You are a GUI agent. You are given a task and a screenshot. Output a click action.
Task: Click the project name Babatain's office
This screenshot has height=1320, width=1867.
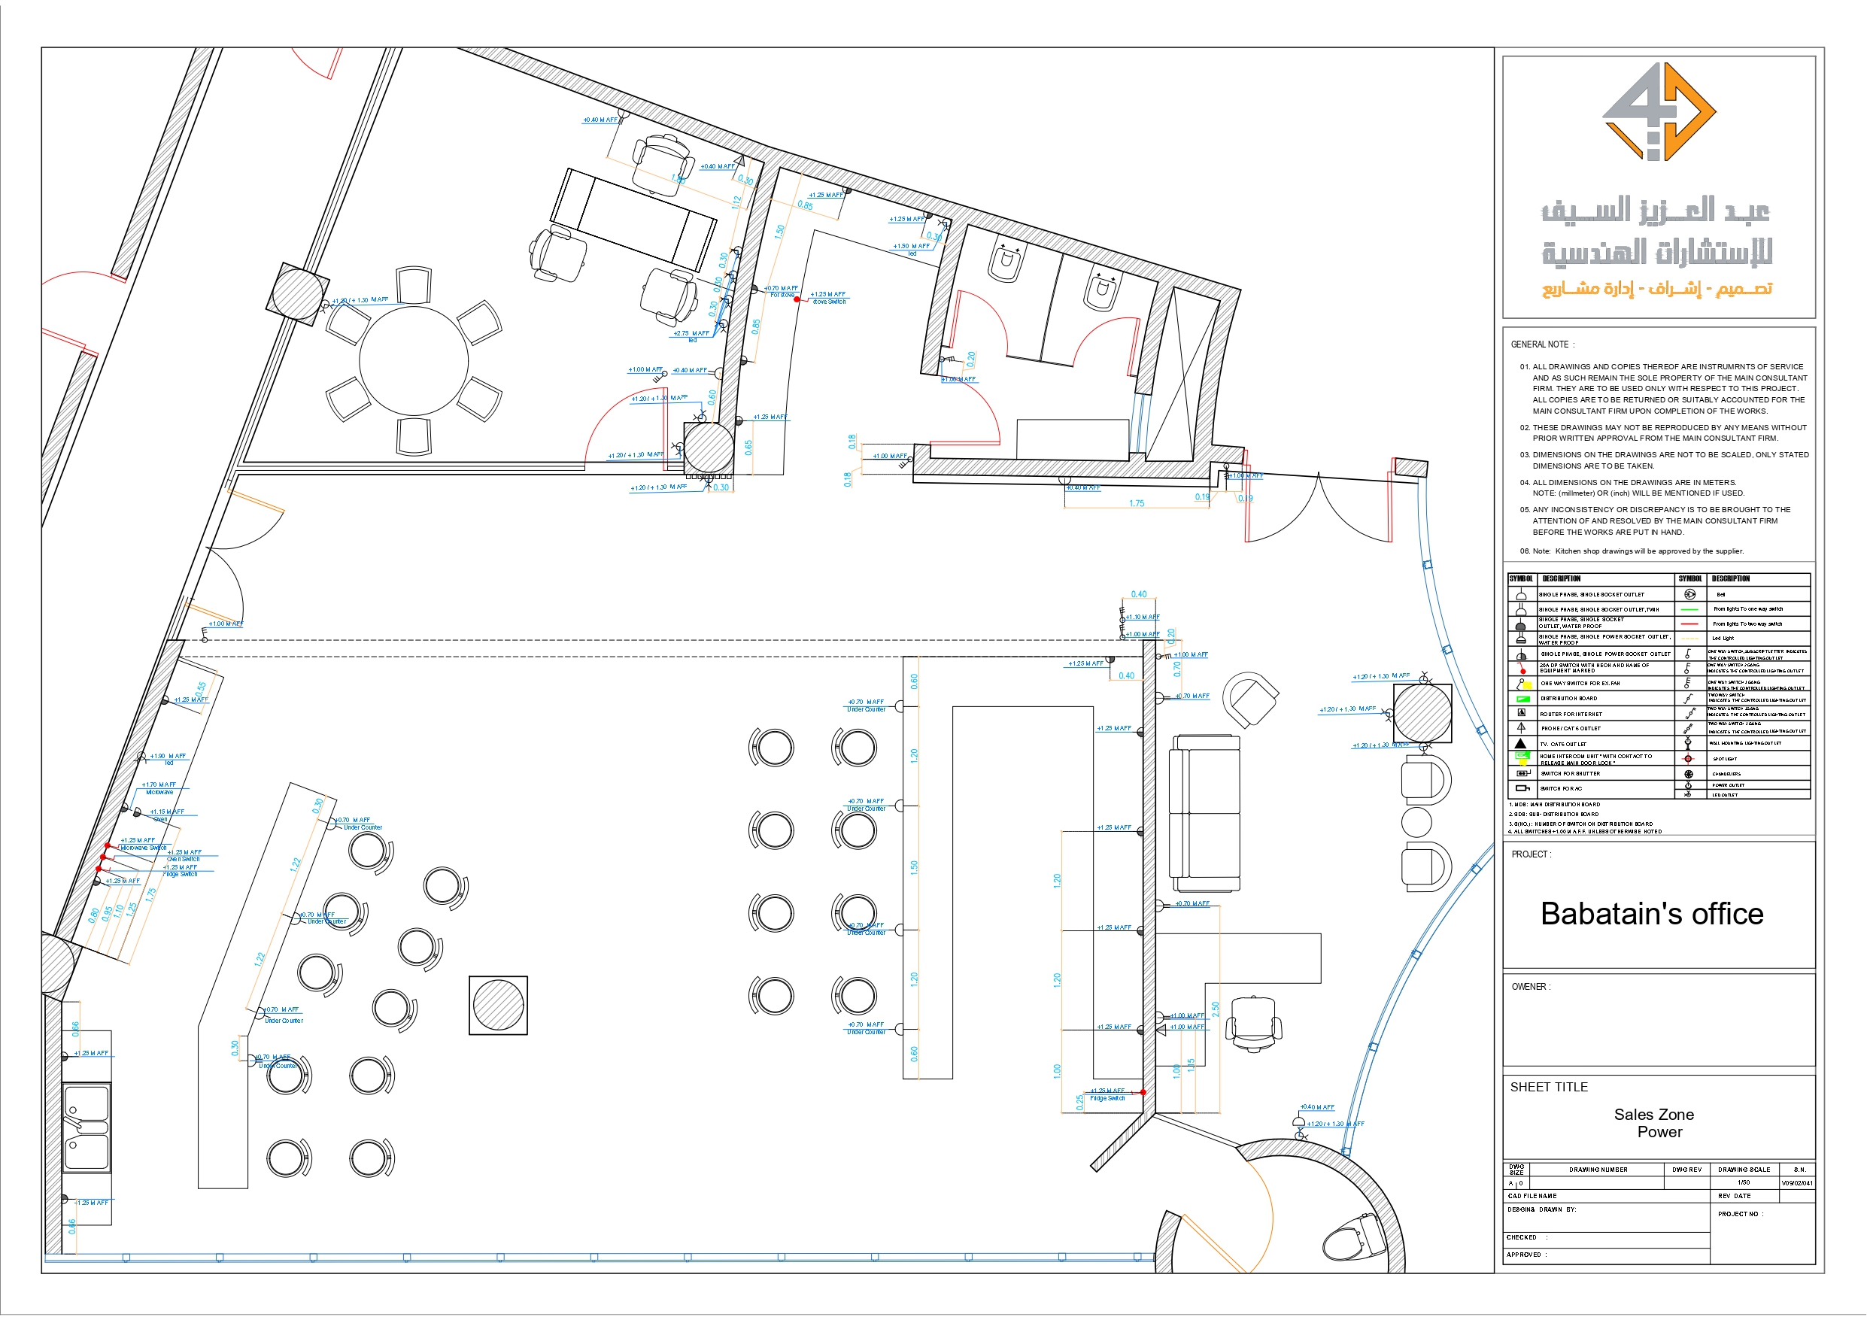pyautogui.click(x=1652, y=914)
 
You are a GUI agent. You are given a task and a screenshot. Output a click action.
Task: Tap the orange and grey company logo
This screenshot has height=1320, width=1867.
pyautogui.click(x=1658, y=111)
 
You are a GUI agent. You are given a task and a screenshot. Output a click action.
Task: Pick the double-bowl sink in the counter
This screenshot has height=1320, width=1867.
pyautogui.click(x=87, y=1127)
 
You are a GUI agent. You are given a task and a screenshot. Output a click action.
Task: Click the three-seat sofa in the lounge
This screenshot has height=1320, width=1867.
pyautogui.click(x=1204, y=812)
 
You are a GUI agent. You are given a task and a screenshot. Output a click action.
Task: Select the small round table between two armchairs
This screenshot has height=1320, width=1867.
pyautogui.click(x=1416, y=822)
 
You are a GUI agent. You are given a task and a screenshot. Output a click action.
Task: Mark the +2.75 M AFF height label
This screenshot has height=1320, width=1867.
pyautogui.click(x=691, y=333)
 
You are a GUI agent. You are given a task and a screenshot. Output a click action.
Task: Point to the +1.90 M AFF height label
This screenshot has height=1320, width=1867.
pyautogui.click(x=168, y=757)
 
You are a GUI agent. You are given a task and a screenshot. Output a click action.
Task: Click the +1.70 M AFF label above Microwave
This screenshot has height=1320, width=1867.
pyautogui.click(x=159, y=784)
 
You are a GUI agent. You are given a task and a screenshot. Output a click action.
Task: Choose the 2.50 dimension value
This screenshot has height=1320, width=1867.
pyautogui.click(x=1216, y=1009)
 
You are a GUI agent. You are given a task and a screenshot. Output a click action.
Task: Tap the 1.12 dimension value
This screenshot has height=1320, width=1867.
pyautogui.click(x=736, y=202)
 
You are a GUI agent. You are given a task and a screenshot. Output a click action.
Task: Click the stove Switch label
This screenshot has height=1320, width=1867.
pyautogui.click(x=830, y=302)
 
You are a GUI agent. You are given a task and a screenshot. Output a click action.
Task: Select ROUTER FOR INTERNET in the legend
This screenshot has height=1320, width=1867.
pyautogui.click(x=1570, y=714)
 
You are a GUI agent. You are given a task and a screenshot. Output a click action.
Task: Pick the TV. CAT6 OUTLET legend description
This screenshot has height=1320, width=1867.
pyautogui.click(x=1563, y=744)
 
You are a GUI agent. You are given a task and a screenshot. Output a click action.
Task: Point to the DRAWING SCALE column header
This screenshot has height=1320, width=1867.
pyautogui.click(x=1744, y=1170)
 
